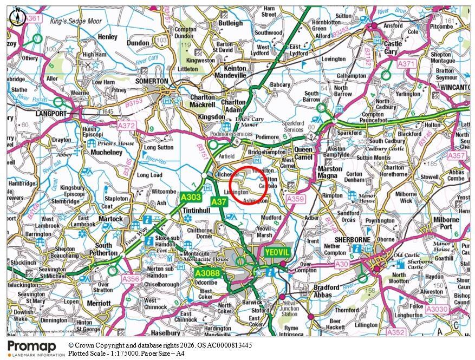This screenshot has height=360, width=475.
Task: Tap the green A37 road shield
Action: pyautogui.click(x=219, y=201)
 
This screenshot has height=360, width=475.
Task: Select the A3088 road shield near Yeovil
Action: pyautogui.click(x=207, y=273)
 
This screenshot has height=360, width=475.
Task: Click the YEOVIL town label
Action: pyautogui.click(x=278, y=252)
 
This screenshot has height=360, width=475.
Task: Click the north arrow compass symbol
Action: pyautogui.click(x=18, y=17)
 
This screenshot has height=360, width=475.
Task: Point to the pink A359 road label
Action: pyautogui.click(x=295, y=200)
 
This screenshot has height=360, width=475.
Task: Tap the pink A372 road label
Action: pyautogui.click(x=126, y=126)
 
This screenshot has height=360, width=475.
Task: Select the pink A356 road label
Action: pyautogui.click(x=131, y=279)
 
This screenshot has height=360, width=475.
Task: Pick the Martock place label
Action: pyautogui.click(x=111, y=219)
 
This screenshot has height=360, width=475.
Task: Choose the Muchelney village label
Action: pyautogui.click(x=107, y=153)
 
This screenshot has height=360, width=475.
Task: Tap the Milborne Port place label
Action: pyautogui.click(x=446, y=223)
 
